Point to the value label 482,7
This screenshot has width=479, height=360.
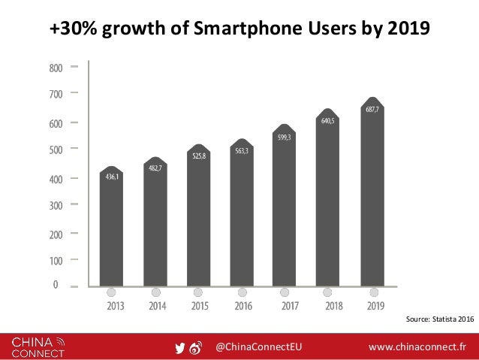click(155, 168)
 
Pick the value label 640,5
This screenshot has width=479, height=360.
click(327, 120)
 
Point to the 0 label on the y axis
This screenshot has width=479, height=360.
click(56, 285)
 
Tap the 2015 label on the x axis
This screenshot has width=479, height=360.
click(200, 307)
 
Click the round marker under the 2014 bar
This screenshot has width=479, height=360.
click(155, 292)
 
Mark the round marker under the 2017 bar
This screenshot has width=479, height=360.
click(285, 292)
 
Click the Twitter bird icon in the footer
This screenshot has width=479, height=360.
click(179, 347)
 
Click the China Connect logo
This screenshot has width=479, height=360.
click(38, 346)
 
